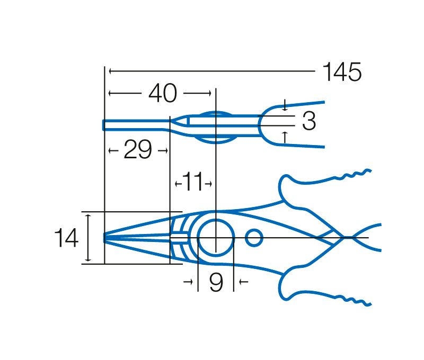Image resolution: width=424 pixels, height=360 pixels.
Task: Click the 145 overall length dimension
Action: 342,72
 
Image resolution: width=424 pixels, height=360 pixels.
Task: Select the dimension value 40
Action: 163,93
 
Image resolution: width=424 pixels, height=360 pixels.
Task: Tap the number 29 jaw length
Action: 138,150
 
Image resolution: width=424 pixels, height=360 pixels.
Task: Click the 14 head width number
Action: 67,238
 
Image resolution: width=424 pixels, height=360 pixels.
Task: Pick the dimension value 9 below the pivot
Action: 216,282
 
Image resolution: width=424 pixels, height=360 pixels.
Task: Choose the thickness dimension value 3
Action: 309,121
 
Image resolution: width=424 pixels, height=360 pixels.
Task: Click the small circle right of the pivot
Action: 254,238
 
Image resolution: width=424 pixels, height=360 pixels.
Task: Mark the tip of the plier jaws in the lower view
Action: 104,238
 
